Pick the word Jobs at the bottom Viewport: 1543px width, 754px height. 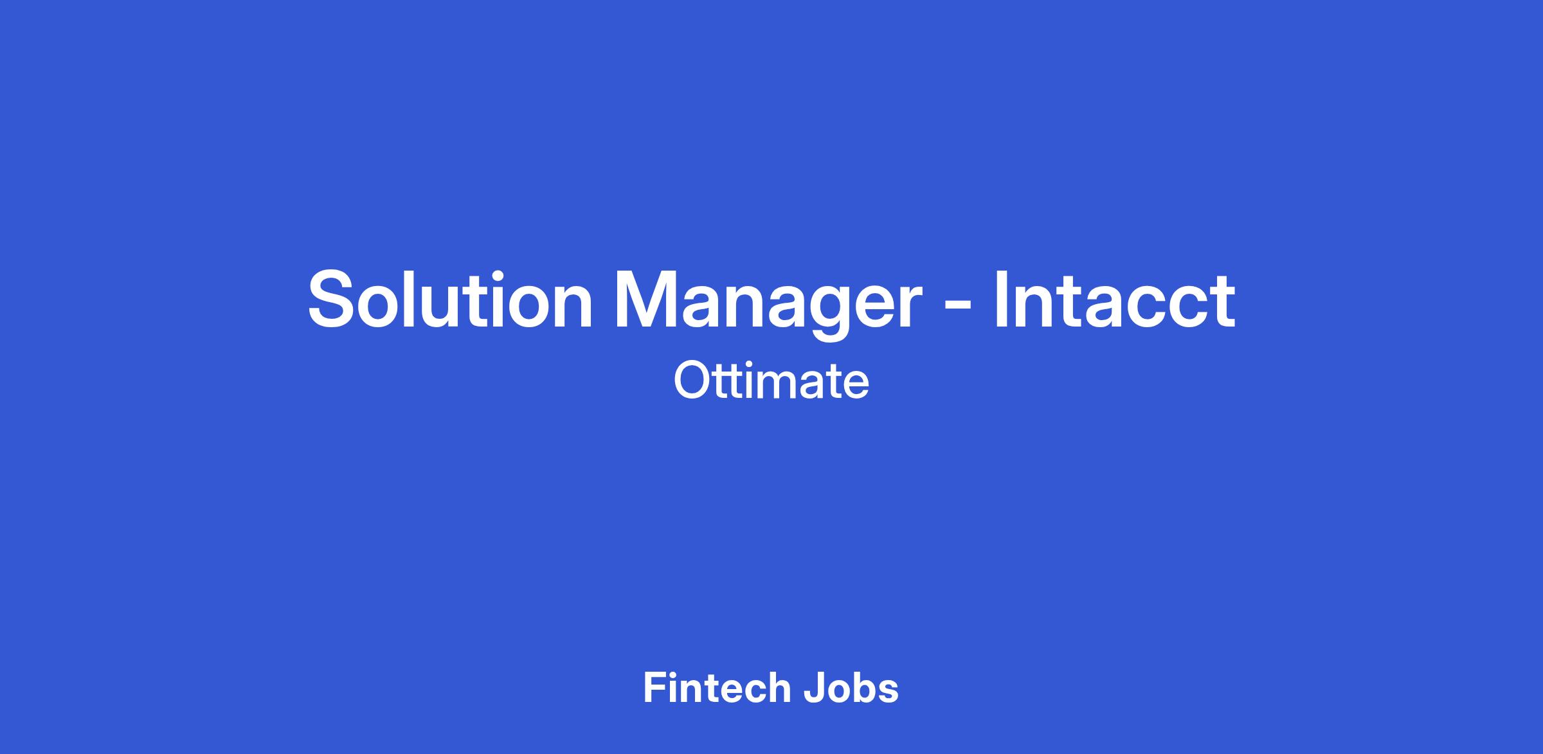pyautogui.click(x=851, y=688)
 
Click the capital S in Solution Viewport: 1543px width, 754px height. pyautogui.click(x=334, y=299)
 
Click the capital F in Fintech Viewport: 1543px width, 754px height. pyautogui.click(x=654, y=687)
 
